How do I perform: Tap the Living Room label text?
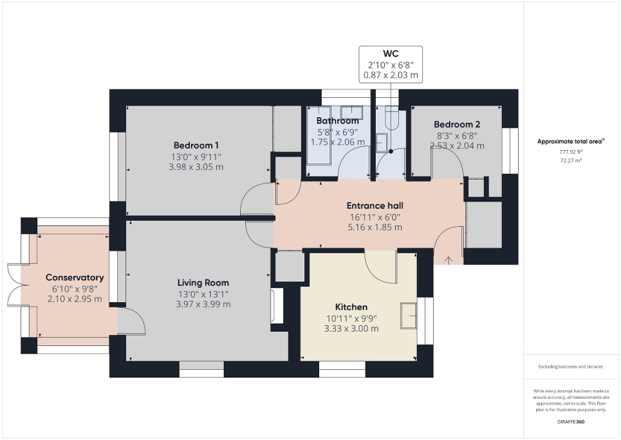203,283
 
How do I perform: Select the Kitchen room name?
351,307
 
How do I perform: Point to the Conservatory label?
75,278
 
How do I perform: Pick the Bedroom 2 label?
456,124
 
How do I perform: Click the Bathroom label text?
337,121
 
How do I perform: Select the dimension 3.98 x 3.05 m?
196,167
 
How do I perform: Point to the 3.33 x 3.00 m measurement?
351,329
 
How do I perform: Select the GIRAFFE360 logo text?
571,421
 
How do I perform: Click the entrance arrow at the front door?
449,260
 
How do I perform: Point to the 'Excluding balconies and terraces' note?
571,367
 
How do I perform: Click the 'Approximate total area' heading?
570,141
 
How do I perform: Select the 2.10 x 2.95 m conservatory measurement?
75,299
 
